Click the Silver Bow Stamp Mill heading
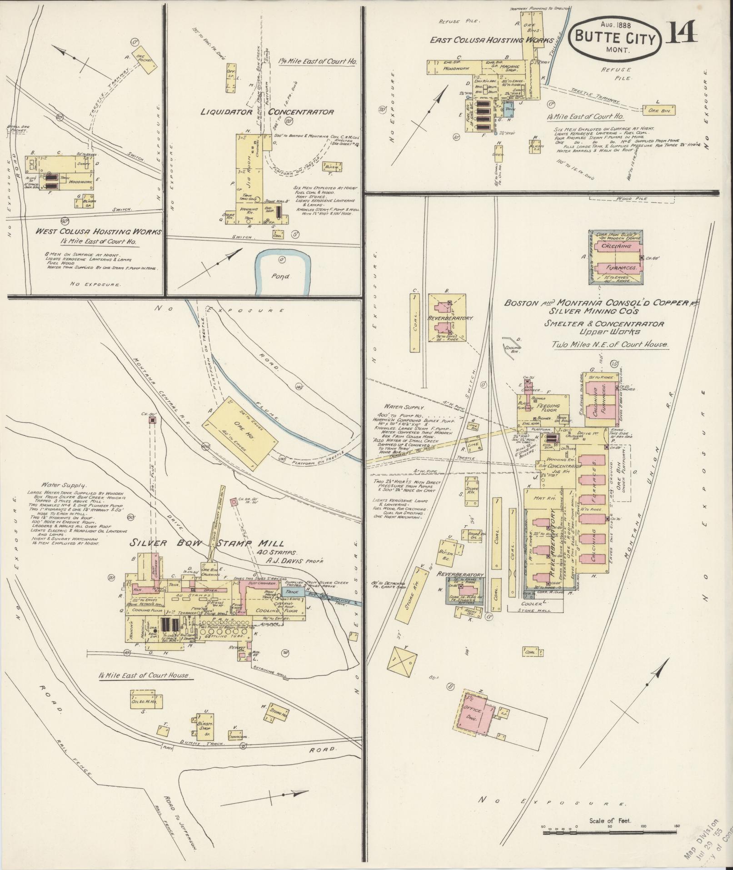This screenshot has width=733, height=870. (207, 543)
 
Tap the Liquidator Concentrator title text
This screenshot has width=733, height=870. (267, 112)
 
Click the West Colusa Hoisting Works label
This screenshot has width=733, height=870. (98, 232)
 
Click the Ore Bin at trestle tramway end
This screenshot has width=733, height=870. (659, 110)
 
